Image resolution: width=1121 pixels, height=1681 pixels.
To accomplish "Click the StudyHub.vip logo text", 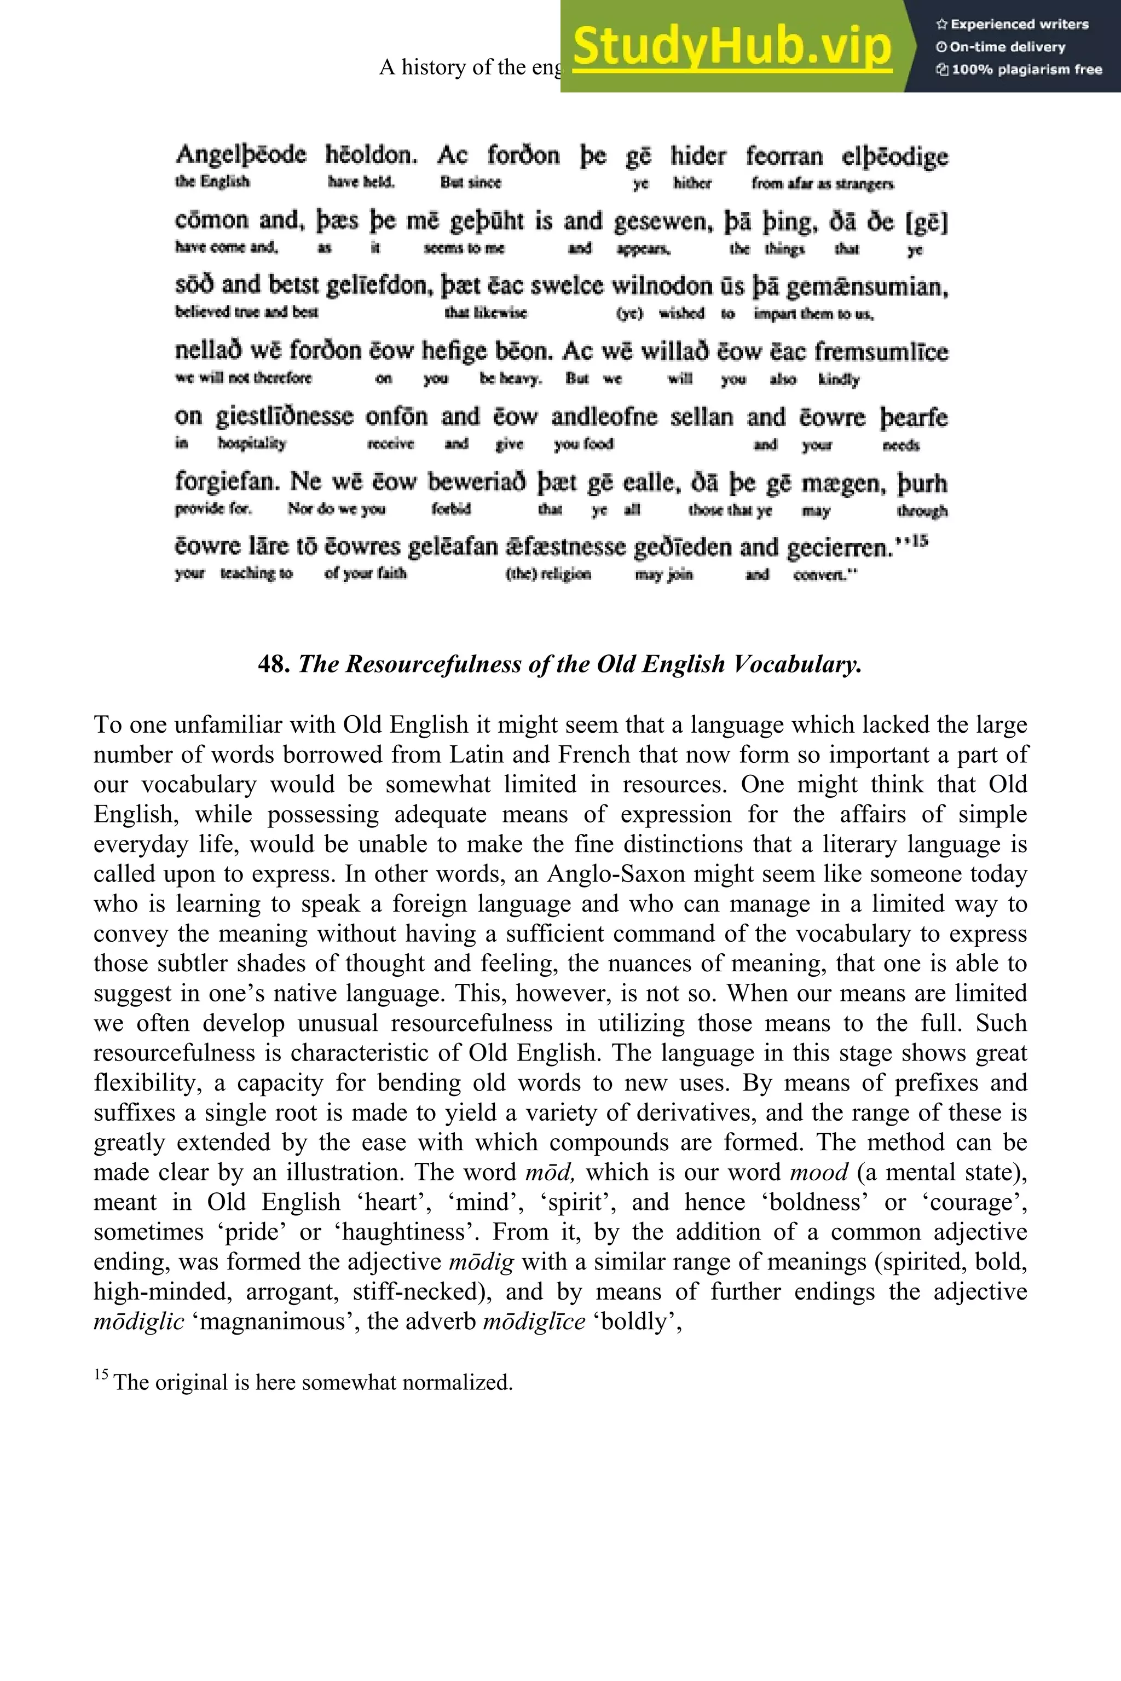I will click(x=731, y=46).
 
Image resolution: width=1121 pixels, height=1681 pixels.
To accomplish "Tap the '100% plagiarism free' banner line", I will click(x=1019, y=69).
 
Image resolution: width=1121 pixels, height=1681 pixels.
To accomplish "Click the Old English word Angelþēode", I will click(x=241, y=155).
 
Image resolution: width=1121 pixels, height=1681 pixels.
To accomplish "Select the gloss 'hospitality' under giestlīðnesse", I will click(x=252, y=443).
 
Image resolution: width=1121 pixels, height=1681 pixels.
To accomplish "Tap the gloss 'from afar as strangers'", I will click(x=822, y=184).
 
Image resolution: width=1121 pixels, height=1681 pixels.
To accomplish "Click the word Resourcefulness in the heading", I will click(x=411, y=664).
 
